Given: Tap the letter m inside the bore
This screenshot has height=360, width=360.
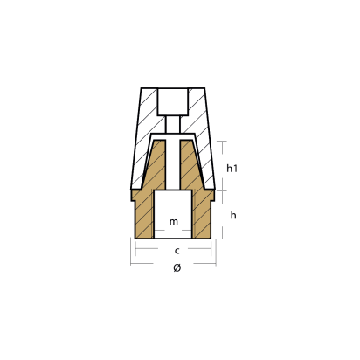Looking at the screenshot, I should [173, 223].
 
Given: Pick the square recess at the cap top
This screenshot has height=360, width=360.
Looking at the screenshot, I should [173, 100].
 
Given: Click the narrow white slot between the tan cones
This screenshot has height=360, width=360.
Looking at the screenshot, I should [173, 166].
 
